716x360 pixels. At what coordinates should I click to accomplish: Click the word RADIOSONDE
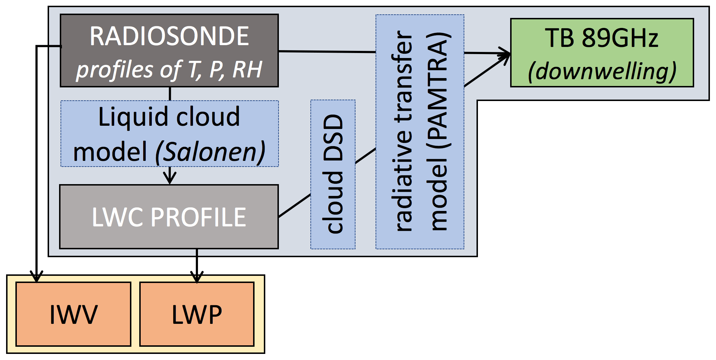169,37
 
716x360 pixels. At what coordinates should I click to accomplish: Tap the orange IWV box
73,314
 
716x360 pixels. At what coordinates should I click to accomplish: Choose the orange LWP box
197,314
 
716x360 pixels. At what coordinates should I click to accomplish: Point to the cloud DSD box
333,174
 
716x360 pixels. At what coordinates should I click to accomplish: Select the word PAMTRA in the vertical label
439,90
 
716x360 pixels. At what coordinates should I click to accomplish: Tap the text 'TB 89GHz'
601,38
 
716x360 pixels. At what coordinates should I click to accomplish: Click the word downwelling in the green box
602,71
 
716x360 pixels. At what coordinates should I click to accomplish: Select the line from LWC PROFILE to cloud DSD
294,206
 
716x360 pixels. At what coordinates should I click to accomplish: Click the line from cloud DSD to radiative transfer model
365,156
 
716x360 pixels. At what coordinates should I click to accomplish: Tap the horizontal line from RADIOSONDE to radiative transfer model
327,52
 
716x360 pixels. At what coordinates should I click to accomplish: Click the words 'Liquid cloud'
169,117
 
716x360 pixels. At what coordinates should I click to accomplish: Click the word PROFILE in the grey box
199,217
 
